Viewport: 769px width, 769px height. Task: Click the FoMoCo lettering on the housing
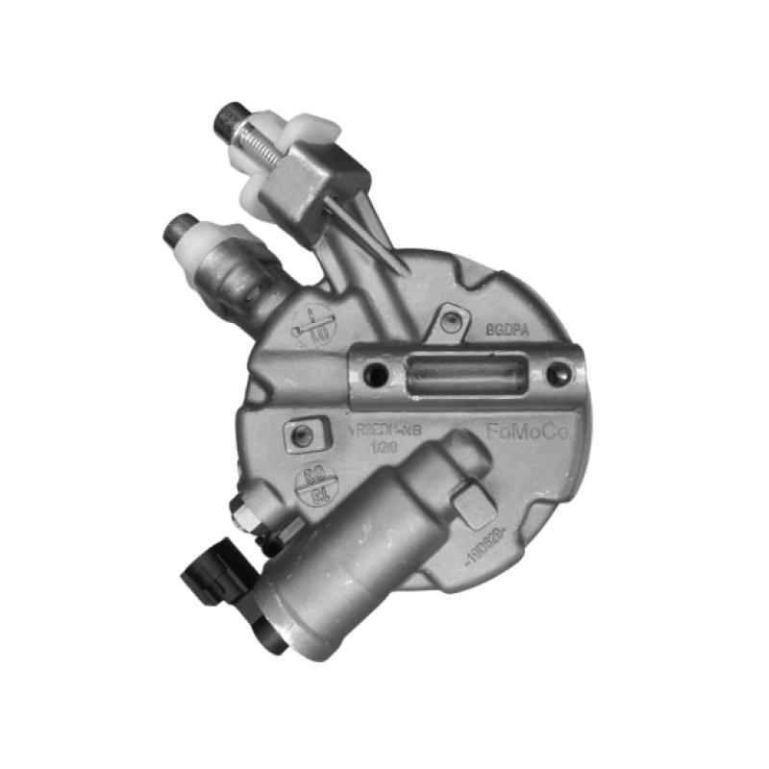click(x=527, y=434)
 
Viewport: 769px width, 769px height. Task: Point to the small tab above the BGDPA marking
click(x=450, y=320)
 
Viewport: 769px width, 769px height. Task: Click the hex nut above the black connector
click(x=244, y=517)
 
